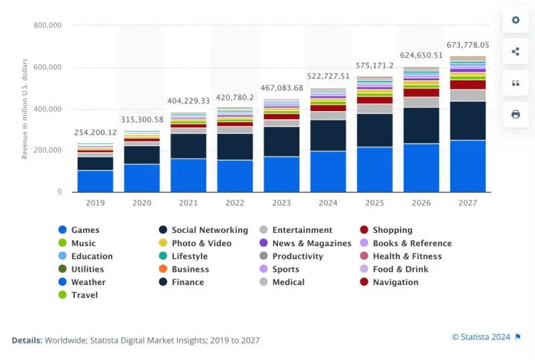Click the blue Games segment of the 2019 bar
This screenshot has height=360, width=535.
pyautogui.click(x=95, y=181)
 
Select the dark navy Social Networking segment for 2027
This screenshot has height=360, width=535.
pyautogui.click(x=467, y=120)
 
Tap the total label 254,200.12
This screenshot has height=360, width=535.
pyautogui.click(x=95, y=132)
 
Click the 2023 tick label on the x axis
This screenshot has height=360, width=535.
pyautogui.click(x=281, y=201)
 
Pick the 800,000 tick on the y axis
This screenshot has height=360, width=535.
pyautogui.click(x=47, y=25)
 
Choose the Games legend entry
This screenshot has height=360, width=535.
pyautogui.click(x=85, y=230)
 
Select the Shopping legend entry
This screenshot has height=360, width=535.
pyautogui.click(x=393, y=230)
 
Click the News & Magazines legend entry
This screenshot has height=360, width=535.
pyautogui.click(x=312, y=244)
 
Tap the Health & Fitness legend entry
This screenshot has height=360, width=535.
pyautogui.click(x=407, y=256)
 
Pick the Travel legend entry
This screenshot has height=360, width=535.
pyautogui.click(x=84, y=295)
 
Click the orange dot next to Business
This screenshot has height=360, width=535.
pyautogui.click(x=163, y=269)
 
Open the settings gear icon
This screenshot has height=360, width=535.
pyautogui.click(x=516, y=20)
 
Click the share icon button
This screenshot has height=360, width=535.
pyautogui.click(x=516, y=52)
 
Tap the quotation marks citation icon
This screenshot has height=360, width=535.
pyautogui.click(x=516, y=83)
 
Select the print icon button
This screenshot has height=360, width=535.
pyautogui.click(x=516, y=114)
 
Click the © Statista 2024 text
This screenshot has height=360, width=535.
pyautogui.click(x=481, y=336)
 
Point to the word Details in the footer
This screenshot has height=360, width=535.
pyautogui.click(x=26, y=341)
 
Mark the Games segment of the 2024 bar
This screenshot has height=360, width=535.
pyautogui.click(x=328, y=171)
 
